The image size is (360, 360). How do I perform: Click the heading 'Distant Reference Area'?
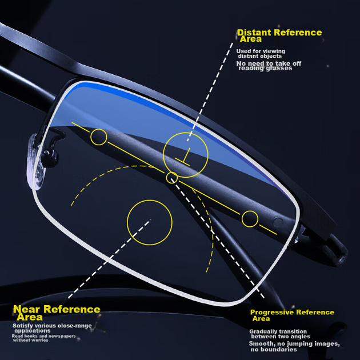tap(279, 35)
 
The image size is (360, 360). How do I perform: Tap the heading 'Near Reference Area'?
tap(57, 313)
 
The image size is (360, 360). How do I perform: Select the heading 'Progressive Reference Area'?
tap(292, 315)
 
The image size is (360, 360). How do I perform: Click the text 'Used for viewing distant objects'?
tap(261, 54)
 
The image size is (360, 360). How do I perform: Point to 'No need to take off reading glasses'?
tap(269, 66)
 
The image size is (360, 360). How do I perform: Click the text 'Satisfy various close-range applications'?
tap(52, 328)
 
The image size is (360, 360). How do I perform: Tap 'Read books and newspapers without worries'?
tap(43, 338)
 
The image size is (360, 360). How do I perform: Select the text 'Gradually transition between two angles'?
tap(279, 334)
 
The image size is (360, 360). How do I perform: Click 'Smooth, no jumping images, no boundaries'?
tap(294, 346)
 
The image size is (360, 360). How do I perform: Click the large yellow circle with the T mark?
tap(163, 155)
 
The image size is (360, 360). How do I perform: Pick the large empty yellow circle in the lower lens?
tap(127, 222)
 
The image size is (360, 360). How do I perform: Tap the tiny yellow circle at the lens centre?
tap(172, 173)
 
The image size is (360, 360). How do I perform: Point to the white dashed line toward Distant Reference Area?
tap(210, 91)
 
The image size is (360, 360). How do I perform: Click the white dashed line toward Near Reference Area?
tap(109, 259)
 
